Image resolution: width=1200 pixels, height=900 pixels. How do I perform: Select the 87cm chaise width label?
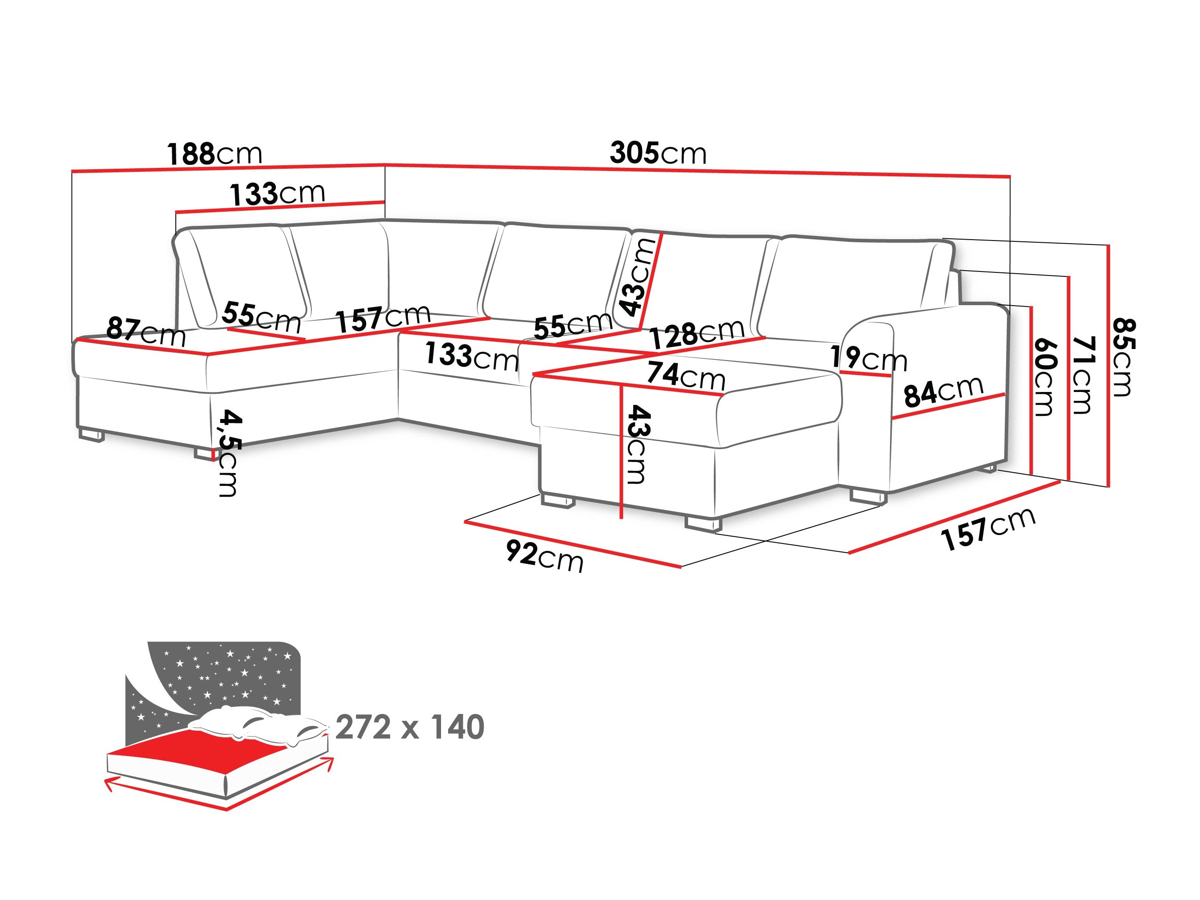click(x=145, y=331)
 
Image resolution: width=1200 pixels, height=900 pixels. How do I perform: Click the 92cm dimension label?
click(x=545, y=556)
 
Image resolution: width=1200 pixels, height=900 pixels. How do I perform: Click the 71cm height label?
click(x=1082, y=374)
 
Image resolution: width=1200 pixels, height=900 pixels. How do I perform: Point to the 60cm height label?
click(x=1044, y=376)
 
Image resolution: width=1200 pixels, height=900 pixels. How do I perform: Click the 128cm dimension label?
click(x=697, y=333)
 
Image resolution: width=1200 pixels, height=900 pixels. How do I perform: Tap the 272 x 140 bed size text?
click(x=410, y=728)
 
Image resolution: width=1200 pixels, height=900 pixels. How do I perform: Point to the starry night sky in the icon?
click(x=228, y=673)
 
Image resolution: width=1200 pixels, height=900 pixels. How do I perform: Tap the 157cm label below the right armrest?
click(x=988, y=528)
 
